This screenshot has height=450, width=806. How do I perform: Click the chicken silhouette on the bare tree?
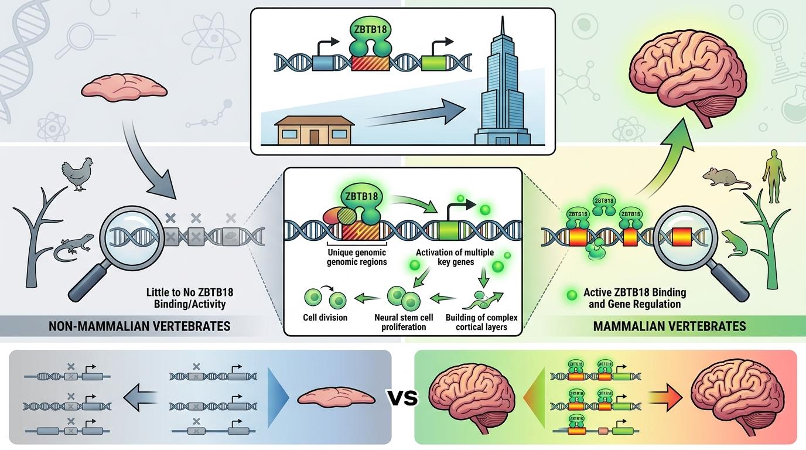[x=78, y=173]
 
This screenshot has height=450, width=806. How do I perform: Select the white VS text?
[x=404, y=398]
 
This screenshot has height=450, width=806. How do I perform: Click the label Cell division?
[x=325, y=318]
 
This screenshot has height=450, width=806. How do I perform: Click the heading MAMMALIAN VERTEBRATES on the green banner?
[x=670, y=326]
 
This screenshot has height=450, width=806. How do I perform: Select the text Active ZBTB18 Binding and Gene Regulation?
[x=634, y=298]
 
